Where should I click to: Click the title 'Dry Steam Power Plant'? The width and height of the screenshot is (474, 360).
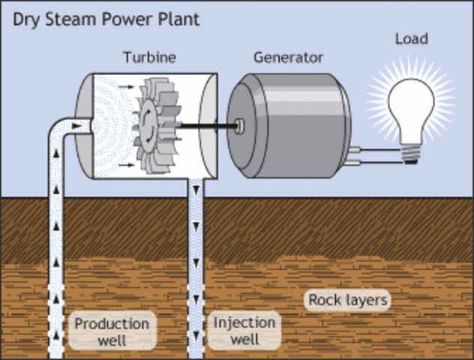106,19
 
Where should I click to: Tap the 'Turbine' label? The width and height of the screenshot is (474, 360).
148,58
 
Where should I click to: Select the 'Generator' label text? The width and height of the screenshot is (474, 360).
288,58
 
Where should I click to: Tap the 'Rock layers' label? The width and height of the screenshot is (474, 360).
348,301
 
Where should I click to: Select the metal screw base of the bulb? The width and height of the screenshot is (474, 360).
412,154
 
